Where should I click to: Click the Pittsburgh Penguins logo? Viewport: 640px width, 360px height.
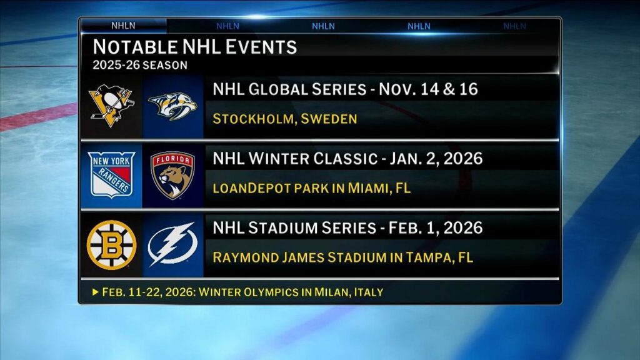click(x=111, y=106)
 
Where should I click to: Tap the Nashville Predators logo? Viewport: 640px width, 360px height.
click(x=172, y=106)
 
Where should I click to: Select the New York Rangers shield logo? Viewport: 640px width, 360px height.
click(x=111, y=175)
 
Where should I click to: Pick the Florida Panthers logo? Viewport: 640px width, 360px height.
click(x=172, y=175)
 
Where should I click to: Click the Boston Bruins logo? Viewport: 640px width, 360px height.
click(x=111, y=245)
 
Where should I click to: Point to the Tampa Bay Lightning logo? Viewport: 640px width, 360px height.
click(x=172, y=244)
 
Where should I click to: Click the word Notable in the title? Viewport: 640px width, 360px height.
click(x=135, y=47)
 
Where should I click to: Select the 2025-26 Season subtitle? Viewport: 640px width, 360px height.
click(x=140, y=65)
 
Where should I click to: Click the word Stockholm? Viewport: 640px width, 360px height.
click(x=253, y=119)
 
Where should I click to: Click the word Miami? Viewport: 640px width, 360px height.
click(x=367, y=188)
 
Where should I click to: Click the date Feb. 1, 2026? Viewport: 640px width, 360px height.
click(x=436, y=227)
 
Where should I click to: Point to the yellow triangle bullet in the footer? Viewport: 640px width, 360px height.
click(x=96, y=292)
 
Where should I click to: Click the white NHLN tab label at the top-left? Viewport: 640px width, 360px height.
click(x=123, y=26)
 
